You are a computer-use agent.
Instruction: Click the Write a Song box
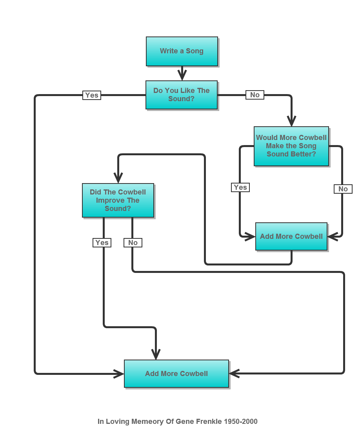[182, 51]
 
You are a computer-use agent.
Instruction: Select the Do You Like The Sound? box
[181, 95]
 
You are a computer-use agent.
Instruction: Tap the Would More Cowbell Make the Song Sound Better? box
[291, 146]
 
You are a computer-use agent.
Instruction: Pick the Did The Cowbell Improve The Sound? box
[118, 200]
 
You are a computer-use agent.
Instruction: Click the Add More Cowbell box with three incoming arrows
[176, 374]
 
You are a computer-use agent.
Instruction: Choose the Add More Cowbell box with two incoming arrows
[291, 236]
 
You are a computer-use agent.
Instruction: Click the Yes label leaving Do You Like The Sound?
[92, 95]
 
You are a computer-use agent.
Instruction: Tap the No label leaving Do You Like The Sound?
[255, 95]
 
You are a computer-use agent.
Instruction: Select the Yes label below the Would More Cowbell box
[240, 187]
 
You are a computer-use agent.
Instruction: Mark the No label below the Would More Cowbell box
[343, 189]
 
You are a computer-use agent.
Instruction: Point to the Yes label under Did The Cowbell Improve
[102, 243]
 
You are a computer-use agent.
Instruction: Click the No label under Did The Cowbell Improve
[133, 243]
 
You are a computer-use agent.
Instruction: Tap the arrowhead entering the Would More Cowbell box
[291, 121]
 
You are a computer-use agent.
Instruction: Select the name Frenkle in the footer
[210, 422]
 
